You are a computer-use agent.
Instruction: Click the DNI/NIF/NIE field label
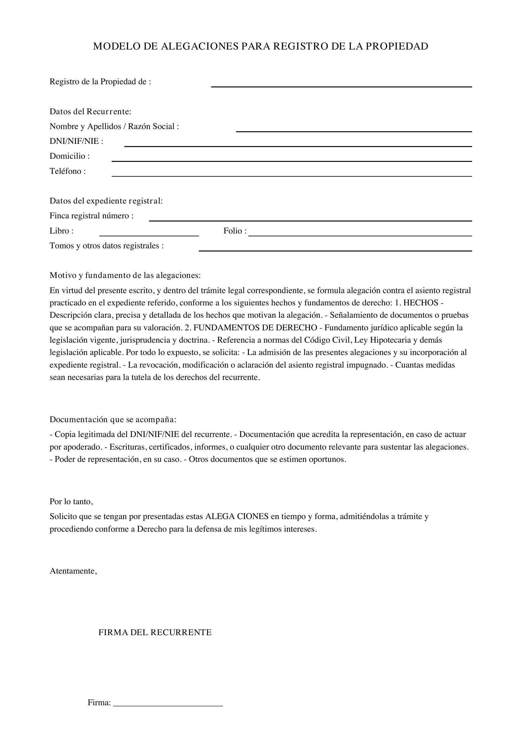76,141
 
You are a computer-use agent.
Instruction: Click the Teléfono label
68,171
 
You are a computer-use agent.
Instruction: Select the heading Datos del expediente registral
106,201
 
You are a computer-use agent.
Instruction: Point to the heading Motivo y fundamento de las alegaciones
125,275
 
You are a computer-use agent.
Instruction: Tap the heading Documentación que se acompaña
113,419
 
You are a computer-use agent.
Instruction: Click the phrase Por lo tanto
71,501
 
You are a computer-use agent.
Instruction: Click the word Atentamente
73,571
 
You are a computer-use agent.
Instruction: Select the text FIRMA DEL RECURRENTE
155,633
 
